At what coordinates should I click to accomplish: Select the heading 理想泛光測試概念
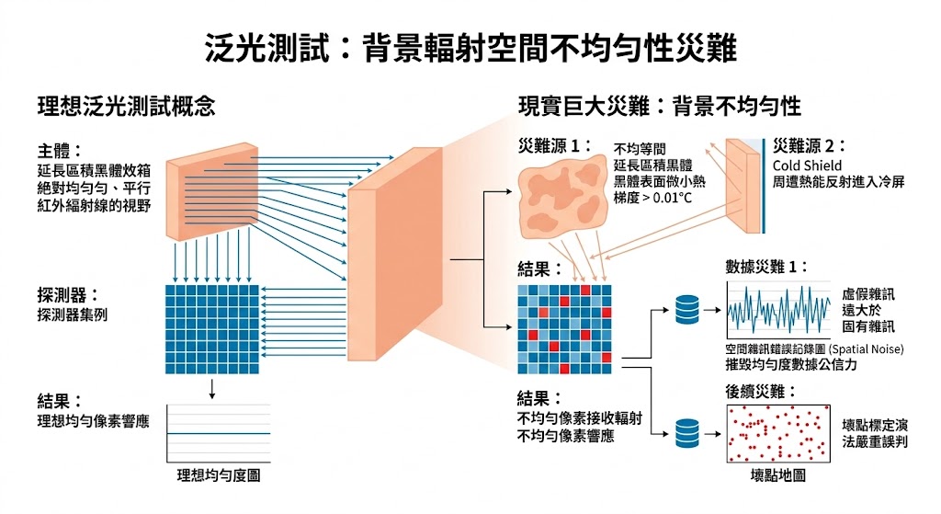click(x=126, y=106)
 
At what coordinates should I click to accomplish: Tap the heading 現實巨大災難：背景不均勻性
click(x=659, y=106)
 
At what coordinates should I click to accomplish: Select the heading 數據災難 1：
click(x=766, y=268)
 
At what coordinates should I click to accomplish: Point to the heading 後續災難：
click(x=760, y=392)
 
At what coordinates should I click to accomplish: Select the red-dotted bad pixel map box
click(x=778, y=433)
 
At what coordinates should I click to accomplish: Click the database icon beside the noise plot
click(x=686, y=311)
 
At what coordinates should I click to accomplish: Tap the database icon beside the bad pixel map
click(x=686, y=431)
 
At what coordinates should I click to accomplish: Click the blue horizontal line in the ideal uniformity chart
click(x=218, y=433)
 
